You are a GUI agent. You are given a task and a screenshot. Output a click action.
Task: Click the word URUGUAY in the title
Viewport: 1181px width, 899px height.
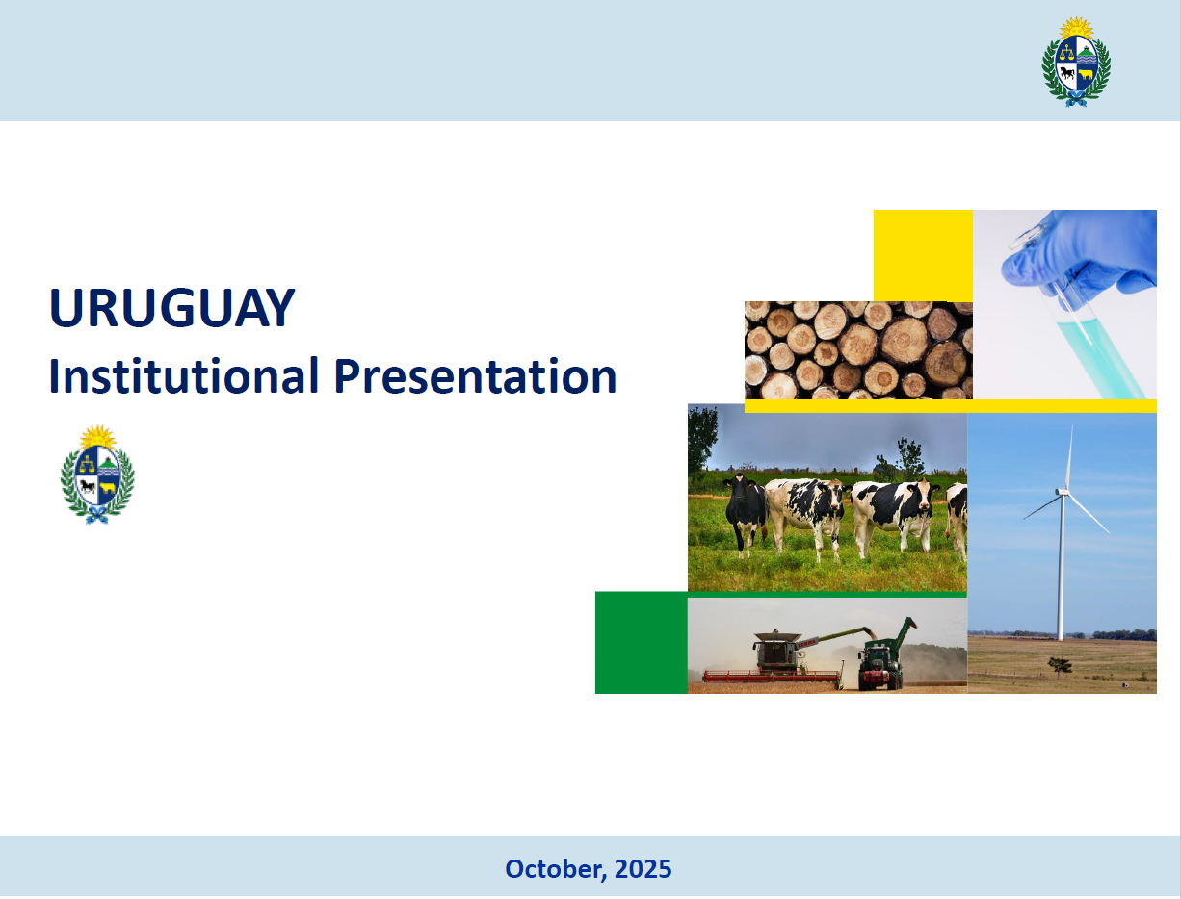[x=171, y=307]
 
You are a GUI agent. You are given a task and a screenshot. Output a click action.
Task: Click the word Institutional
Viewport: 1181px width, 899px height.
[x=183, y=376]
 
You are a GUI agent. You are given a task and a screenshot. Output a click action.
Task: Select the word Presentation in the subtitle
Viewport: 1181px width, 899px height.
[x=475, y=376]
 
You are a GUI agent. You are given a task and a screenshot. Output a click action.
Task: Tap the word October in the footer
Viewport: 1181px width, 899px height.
[x=556, y=869]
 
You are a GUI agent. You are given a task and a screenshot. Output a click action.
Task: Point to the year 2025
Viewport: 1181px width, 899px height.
[x=643, y=869]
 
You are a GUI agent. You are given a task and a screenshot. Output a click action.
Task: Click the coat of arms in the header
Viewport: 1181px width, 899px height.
[x=1076, y=62]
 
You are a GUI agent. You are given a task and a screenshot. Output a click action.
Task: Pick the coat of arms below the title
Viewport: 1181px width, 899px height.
[x=97, y=474]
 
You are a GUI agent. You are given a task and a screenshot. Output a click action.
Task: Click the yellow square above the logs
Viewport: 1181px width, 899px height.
[x=923, y=255]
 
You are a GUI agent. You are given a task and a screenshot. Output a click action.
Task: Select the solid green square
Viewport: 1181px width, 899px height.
[x=642, y=643]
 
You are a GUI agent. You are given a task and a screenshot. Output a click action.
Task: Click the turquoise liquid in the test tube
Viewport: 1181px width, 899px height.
[x=1097, y=357]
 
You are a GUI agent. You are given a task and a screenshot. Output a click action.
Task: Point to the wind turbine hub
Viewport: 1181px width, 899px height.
[x=1062, y=492]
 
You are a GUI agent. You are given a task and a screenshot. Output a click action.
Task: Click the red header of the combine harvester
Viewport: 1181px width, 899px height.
[x=773, y=677]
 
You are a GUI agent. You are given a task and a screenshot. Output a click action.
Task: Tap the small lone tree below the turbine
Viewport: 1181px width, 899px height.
[x=1060, y=665]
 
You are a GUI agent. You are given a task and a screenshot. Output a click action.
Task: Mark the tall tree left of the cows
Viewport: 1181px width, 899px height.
[x=702, y=441]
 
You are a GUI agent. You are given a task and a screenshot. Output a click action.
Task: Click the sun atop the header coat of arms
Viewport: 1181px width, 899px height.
[x=1076, y=27]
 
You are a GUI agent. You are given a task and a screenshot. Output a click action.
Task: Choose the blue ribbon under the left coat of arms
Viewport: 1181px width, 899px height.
[x=97, y=514]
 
